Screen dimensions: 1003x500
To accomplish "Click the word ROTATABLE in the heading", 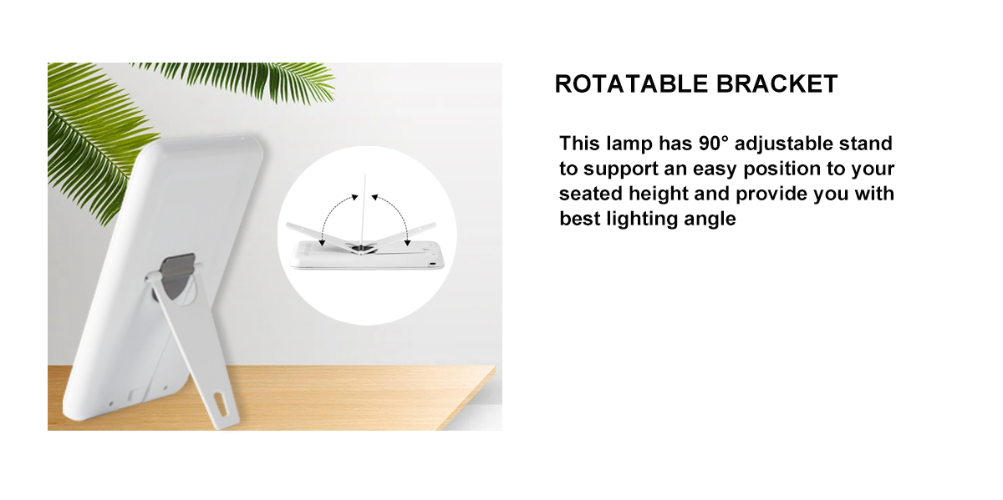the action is (631, 84).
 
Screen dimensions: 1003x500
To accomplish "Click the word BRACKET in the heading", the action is (776, 84).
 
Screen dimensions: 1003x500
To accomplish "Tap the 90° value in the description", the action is (713, 144).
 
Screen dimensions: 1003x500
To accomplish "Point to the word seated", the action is (591, 194).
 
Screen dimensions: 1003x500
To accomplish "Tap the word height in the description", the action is (659, 194).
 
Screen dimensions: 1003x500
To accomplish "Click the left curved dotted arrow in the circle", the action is (335, 218).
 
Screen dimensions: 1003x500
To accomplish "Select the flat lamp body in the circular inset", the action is (367, 255).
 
